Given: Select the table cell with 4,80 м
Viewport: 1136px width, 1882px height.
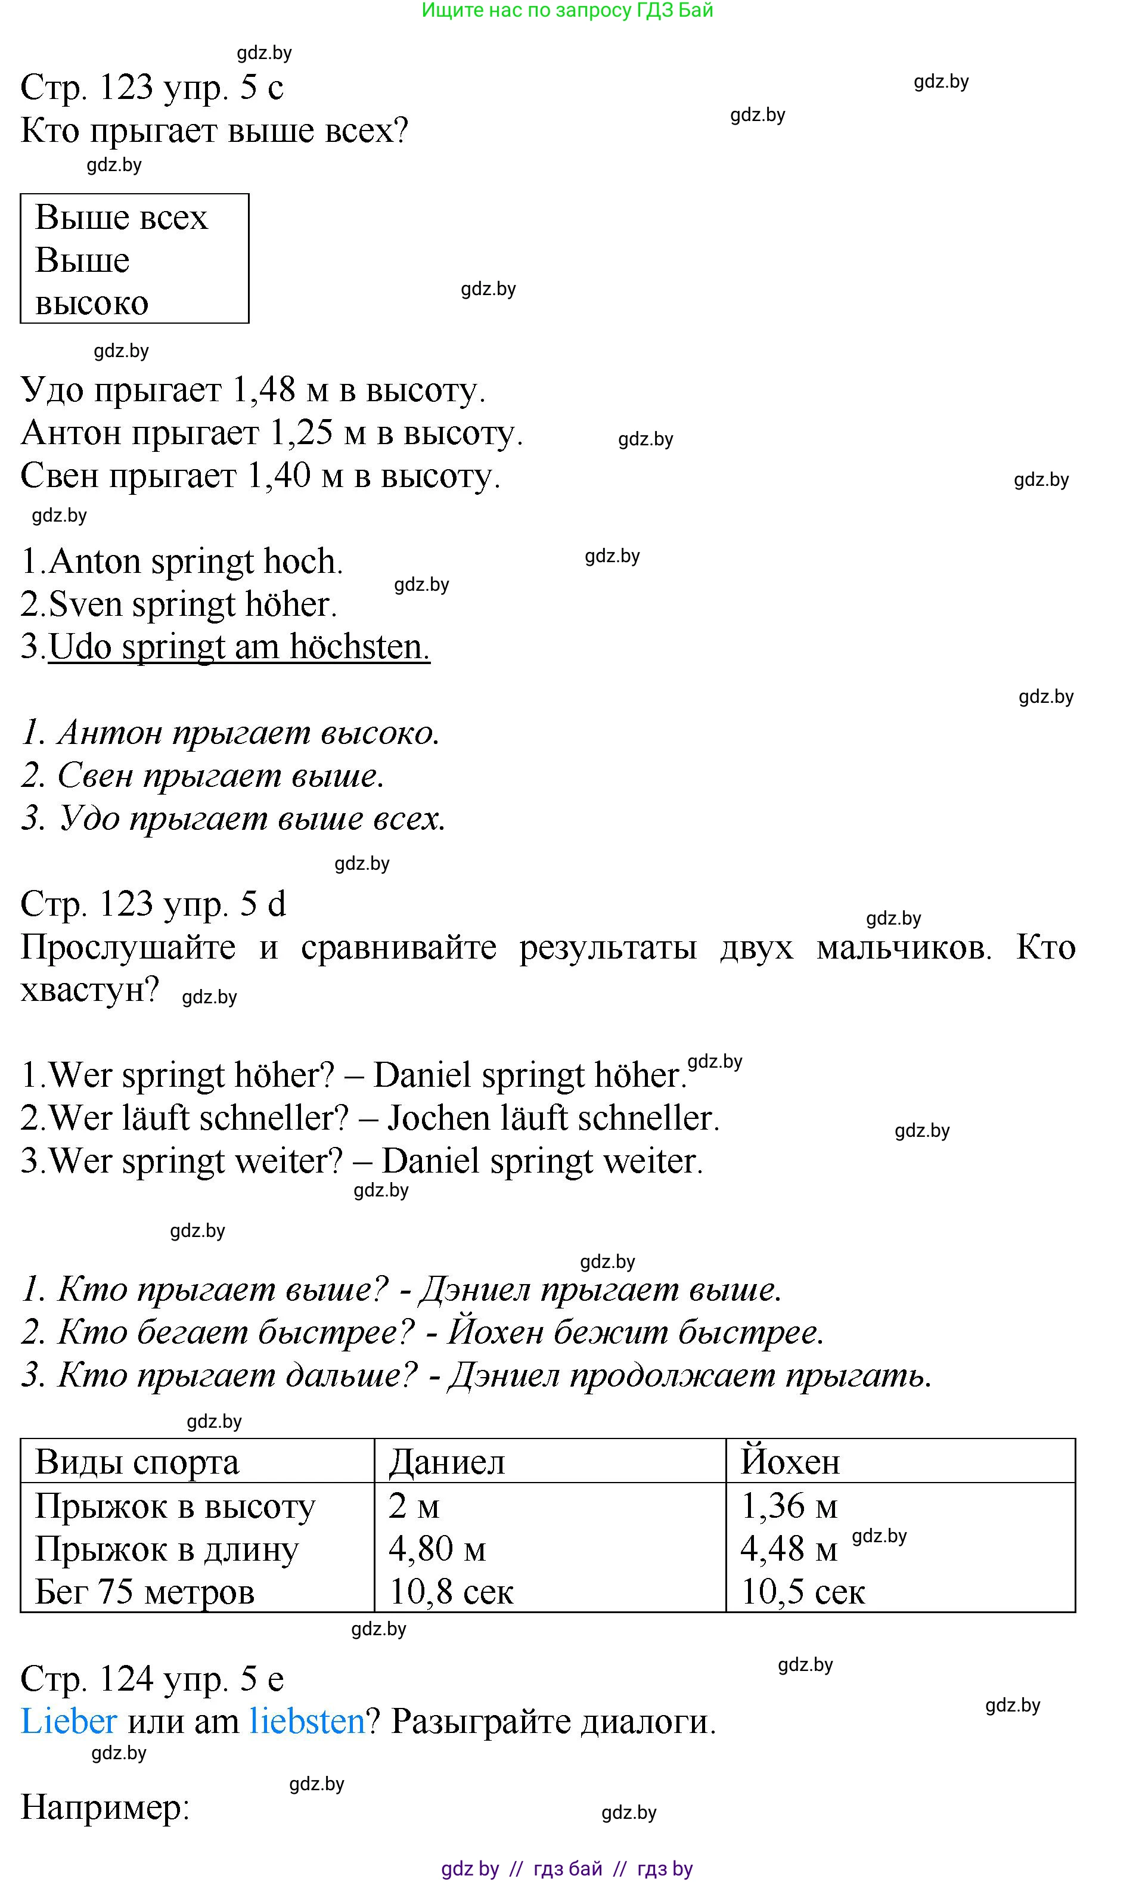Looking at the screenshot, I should pyautogui.click(x=437, y=1549).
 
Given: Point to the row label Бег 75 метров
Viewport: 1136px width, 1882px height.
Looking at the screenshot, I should pyautogui.click(x=144, y=1592).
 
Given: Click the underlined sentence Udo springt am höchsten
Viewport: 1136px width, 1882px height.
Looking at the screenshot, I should pyautogui.click(x=239, y=647).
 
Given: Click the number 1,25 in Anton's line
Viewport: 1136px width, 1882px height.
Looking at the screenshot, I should pyautogui.click(x=302, y=433).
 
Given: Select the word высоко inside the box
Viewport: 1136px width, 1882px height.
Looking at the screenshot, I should pyautogui.click(x=92, y=303).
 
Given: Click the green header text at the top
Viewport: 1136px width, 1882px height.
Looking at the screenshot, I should pyautogui.click(x=567, y=10).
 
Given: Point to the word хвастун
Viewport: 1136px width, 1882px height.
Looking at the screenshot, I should pyautogui.click(x=89, y=990).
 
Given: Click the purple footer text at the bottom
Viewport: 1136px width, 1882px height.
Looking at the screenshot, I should pyautogui.click(x=567, y=1869).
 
